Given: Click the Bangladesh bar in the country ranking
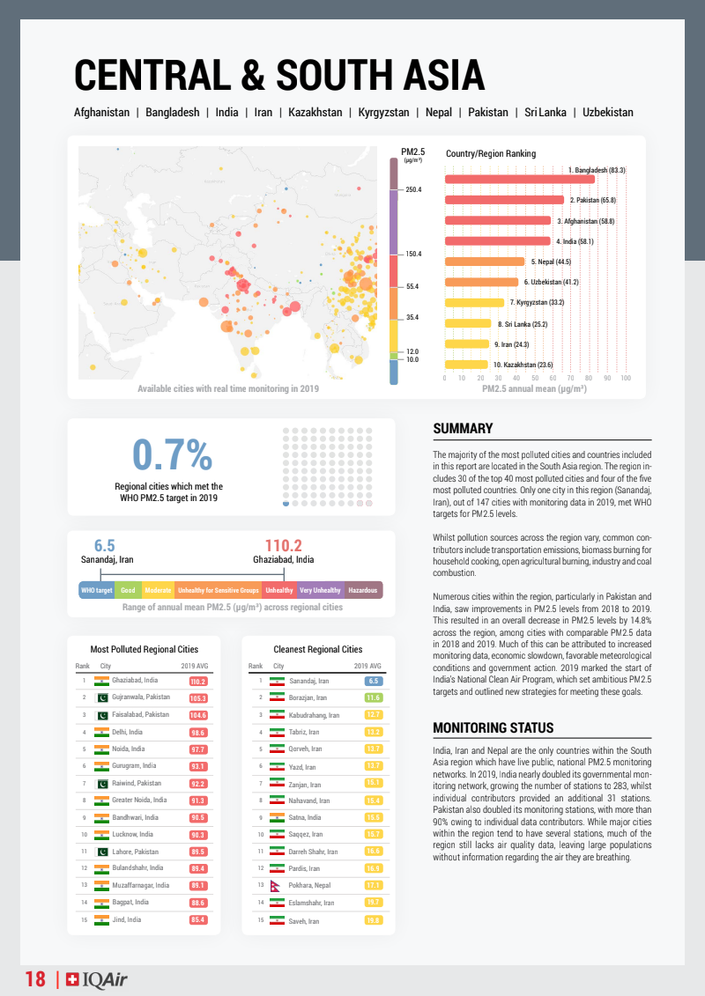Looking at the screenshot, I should pyautogui.click(x=520, y=180).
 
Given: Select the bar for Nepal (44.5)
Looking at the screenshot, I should pyautogui.click(x=485, y=262).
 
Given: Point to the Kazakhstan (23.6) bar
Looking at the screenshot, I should pyautogui.click(x=466, y=364).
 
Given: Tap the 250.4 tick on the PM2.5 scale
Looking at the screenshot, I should pyautogui.click(x=413, y=189).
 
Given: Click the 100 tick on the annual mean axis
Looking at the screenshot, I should pyautogui.click(x=626, y=378).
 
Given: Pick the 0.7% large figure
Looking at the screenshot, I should pyautogui.click(x=172, y=454).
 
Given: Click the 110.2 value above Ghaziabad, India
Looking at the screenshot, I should pyautogui.click(x=284, y=546).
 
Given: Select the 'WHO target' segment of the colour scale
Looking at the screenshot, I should pyautogui.click(x=96, y=590).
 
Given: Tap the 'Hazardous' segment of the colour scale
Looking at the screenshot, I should pyautogui.click(x=363, y=590).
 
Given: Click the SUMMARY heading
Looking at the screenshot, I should pyautogui.click(x=463, y=429).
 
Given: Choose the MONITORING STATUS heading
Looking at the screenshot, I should pyautogui.click(x=493, y=727).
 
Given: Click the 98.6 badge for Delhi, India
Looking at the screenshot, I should pyautogui.click(x=198, y=733).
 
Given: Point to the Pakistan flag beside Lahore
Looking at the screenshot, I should pyautogui.click(x=101, y=852).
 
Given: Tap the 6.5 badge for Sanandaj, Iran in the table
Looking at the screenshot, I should pyautogui.click(x=373, y=681).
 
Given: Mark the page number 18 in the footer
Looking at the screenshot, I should pyautogui.click(x=35, y=979).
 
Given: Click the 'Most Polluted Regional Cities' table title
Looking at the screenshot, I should pyautogui.click(x=145, y=649).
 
